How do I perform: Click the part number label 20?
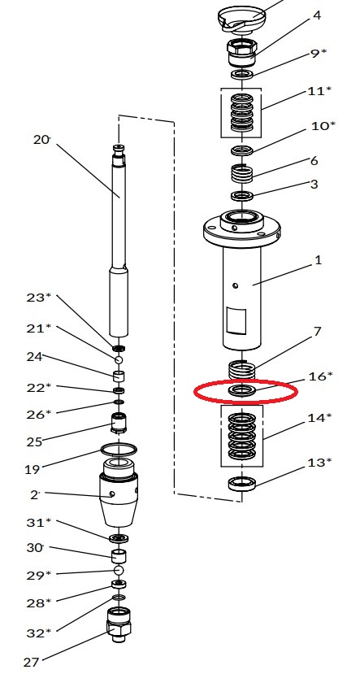pos(41,140)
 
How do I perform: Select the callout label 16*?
pos(320,376)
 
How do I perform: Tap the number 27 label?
pos(32,663)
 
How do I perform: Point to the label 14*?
pos(319,417)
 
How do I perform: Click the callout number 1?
pos(319,260)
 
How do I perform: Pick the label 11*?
pos(319,91)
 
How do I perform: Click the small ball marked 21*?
pos(119,359)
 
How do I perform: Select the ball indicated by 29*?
pos(119,570)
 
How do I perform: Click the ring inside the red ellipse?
pos(242,391)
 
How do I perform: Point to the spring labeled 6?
pos(242,174)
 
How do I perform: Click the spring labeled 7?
pos(242,369)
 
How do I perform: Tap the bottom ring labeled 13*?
pos(242,484)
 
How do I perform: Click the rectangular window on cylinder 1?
pos(236,320)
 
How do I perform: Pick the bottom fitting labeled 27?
pos(119,624)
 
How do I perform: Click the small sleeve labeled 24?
pos(119,376)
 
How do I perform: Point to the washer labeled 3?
pos(242,196)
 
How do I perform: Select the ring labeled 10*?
pos(242,150)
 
